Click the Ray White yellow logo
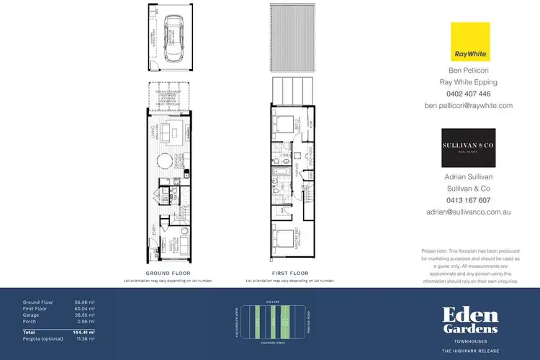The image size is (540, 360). pos(470,41)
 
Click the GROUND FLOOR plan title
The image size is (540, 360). pos(167,274)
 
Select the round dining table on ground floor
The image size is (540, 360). pos(166,158)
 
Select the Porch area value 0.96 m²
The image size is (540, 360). pos(86,321)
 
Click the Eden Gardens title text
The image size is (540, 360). pos(470,320)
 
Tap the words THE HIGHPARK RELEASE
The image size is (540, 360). pos(470,350)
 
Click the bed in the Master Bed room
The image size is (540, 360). pos(287,238)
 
